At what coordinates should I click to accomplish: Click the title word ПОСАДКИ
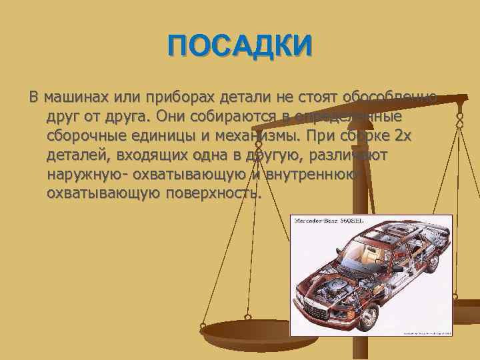[240, 47]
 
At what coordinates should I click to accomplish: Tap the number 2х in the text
[403, 137]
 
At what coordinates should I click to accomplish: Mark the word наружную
[86, 175]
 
